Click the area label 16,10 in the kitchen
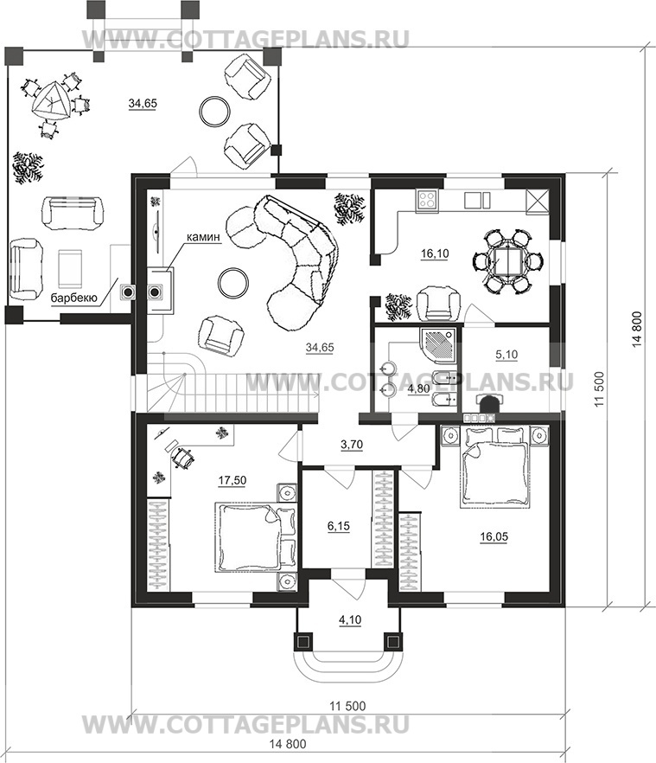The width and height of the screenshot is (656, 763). [436, 253]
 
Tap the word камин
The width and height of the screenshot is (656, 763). [202, 237]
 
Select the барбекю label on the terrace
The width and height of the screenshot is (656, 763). [74, 298]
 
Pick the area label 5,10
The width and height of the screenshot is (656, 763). [506, 355]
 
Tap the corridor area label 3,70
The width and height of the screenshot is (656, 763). [352, 445]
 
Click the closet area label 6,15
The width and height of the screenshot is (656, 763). [339, 526]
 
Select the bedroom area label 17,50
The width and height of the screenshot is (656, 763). [232, 480]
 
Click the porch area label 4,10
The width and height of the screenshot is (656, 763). [350, 620]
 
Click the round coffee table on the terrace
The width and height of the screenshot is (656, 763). [215, 110]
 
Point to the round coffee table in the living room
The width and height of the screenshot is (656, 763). [233, 283]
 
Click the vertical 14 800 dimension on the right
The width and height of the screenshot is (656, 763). [638, 330]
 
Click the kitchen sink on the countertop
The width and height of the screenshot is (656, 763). [477, 200]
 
